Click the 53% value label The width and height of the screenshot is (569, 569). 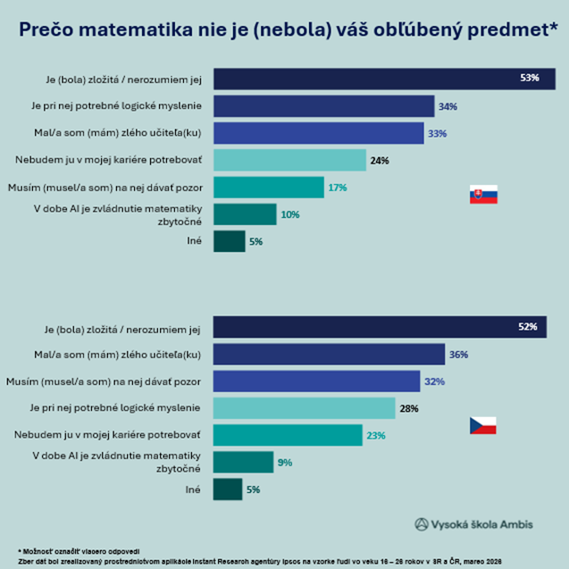(x=530, y=79)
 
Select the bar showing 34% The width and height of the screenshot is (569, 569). (x=323, y=106)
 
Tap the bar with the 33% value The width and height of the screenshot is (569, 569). (x=318, y=133)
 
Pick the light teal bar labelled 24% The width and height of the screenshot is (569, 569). (x=289, y=160)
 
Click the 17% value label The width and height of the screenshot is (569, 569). (x=338, y=188)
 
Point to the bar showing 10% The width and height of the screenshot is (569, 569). (x=245, y=214)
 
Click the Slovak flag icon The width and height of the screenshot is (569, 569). (x=483, y=195)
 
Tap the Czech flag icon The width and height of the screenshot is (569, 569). (x=483, y=426)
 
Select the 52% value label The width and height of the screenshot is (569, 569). (x=527, y=328)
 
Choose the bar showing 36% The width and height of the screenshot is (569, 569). (x=329, y=355)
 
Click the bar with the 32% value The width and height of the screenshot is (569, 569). (x=316, y=381)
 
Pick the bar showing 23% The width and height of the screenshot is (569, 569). (x=288, y=435)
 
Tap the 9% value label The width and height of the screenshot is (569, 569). (x=285, y=463)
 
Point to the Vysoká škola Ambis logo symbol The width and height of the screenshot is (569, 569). (x=422, y=524)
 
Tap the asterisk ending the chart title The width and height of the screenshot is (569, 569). (x=553, y=27)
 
